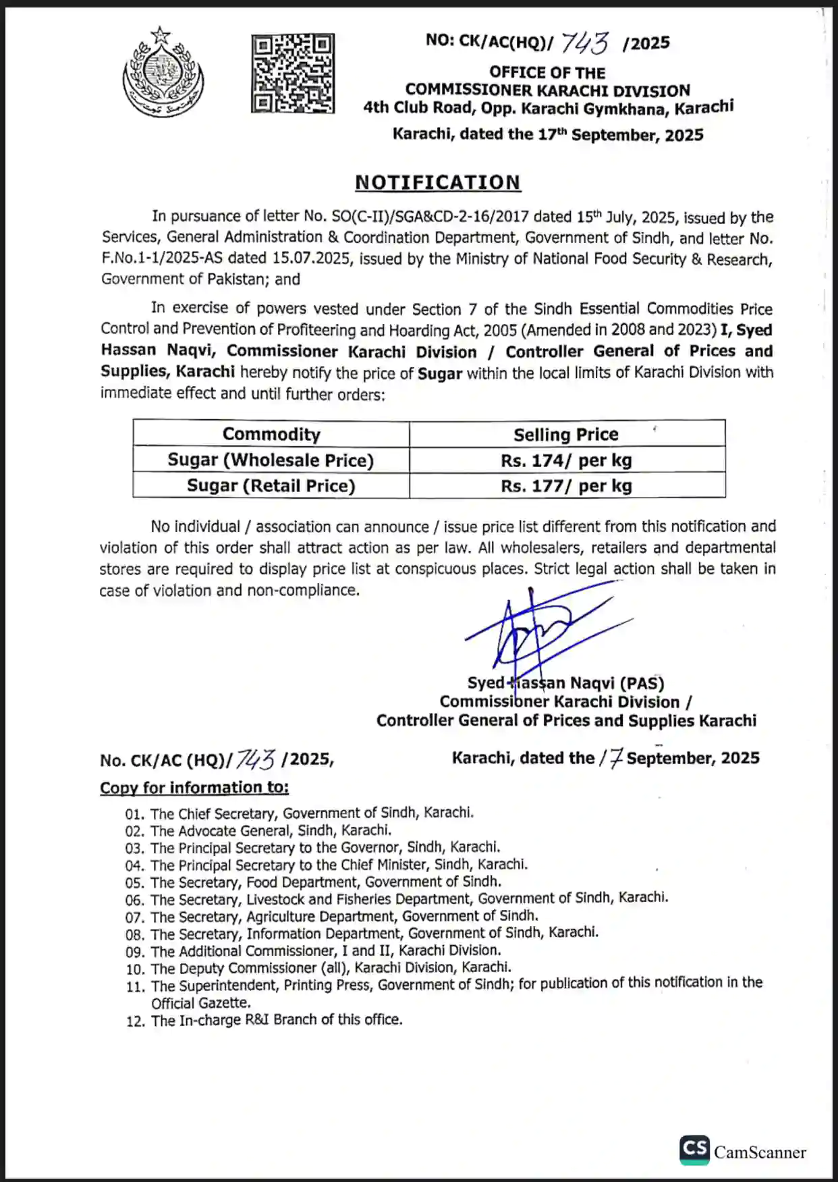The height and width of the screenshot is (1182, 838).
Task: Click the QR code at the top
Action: click(x=293, y=73)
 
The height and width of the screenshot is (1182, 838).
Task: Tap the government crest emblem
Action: click(x=163, y=72)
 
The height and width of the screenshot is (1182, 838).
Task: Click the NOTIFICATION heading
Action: click(x=438, y=182)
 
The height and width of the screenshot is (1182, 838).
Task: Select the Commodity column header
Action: click(x=271, y=434)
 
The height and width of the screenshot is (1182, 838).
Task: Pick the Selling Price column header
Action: click(x=566, y=435)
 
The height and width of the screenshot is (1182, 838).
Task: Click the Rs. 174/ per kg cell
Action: click(x=566, y=460)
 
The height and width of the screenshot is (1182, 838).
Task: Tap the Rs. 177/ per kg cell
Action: click(x=566, y=486)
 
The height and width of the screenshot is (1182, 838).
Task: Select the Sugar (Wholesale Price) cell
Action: click(x=271, y=460)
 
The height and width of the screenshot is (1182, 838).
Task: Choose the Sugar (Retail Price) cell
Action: click(x=271, y=486)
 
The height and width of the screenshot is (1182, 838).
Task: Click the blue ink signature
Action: click(x=533, y=631)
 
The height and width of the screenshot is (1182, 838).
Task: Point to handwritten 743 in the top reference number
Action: click(x=584, y=43)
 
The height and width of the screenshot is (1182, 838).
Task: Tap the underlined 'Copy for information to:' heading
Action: click(x=194, y=788)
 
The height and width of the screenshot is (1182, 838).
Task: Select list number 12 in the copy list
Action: click(x=135, y=1021)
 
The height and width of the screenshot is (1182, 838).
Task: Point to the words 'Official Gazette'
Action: click(x=200, y=1003)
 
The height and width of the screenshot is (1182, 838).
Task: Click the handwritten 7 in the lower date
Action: click(x=615, y=759)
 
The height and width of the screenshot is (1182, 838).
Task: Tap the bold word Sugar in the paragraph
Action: click(x=440, y=373)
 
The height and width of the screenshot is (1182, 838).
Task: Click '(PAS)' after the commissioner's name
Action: click(x=642, y=683)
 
